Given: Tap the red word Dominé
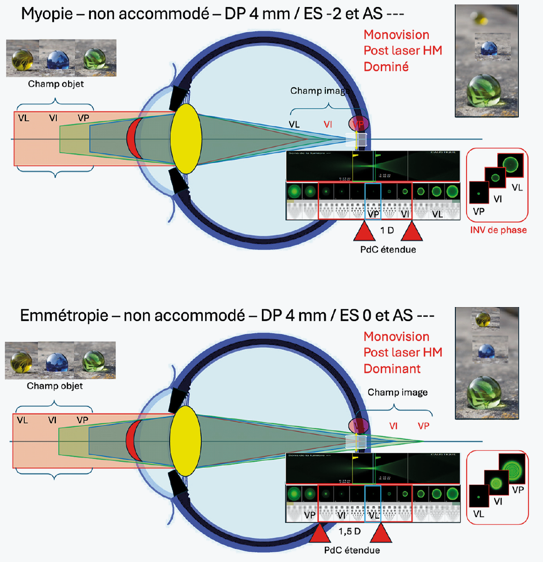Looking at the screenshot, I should pos(386,67).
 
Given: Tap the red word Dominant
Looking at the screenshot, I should pos(392,369).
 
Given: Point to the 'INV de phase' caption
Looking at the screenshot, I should pos(498,230).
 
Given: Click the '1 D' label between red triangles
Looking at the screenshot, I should pos(387,230).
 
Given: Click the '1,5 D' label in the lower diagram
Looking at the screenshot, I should pos(350,531).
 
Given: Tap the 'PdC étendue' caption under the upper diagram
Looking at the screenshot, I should pos(388,249).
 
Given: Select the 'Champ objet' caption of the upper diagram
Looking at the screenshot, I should pos(56,84).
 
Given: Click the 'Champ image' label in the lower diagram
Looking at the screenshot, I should pos(398,392).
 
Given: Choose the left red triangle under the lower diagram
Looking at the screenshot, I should pos(320,533).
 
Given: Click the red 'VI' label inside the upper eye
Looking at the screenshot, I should pos(328,124).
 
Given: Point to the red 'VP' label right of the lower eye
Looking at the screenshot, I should pos(423,426).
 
